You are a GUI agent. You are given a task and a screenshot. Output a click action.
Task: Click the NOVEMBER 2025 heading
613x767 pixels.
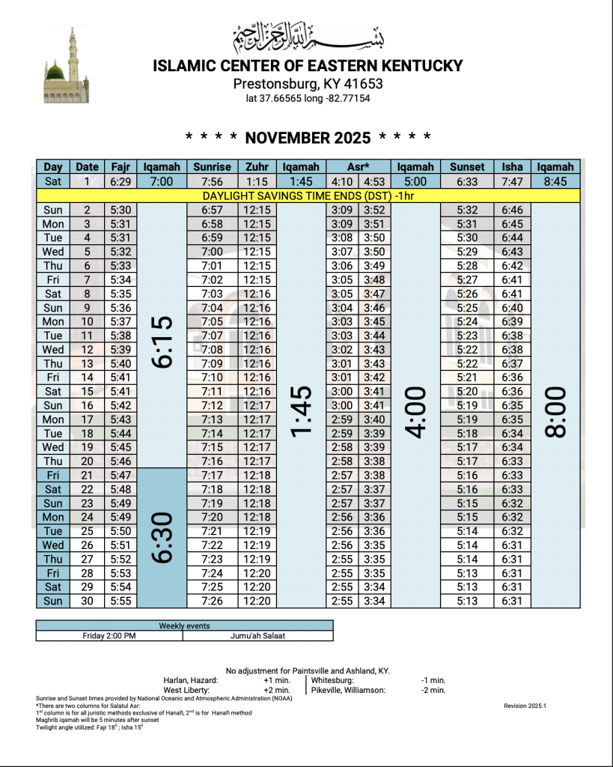coord(308,138)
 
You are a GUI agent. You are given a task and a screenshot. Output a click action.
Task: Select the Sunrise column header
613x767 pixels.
coord(213,167)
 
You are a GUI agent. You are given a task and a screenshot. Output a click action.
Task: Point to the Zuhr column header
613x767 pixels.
coord(257,167)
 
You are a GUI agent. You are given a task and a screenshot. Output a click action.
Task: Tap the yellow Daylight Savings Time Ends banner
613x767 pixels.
coord(308,195)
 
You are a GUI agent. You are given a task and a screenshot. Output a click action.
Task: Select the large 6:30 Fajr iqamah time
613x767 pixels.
coord(162,537)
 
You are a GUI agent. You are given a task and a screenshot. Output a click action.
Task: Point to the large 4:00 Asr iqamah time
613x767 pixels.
coord(416,413)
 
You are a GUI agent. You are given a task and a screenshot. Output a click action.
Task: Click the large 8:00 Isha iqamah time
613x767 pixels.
coord(555,413)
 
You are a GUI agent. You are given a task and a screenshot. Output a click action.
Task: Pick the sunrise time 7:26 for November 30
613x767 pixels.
coord(213,601)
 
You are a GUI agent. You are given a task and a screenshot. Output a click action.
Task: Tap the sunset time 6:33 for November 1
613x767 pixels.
coord(467,181)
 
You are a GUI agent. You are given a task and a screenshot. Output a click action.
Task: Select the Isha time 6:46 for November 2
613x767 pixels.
coord(512,210)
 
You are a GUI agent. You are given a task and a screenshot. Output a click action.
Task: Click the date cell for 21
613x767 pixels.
coord(87,475)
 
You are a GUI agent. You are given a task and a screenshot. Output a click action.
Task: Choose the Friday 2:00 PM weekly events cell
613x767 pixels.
coord(109,637)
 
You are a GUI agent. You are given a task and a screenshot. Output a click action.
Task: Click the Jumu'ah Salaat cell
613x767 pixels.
coord(257,637)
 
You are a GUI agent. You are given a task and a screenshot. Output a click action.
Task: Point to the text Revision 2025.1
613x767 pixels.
coord(525,706)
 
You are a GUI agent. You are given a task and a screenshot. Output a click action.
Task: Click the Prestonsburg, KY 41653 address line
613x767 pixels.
coord(308,84)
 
